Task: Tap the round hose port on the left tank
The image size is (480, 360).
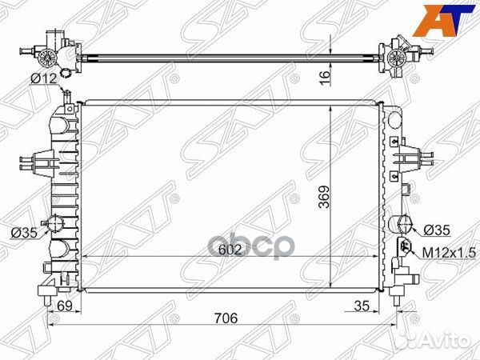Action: coord(57,224)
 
